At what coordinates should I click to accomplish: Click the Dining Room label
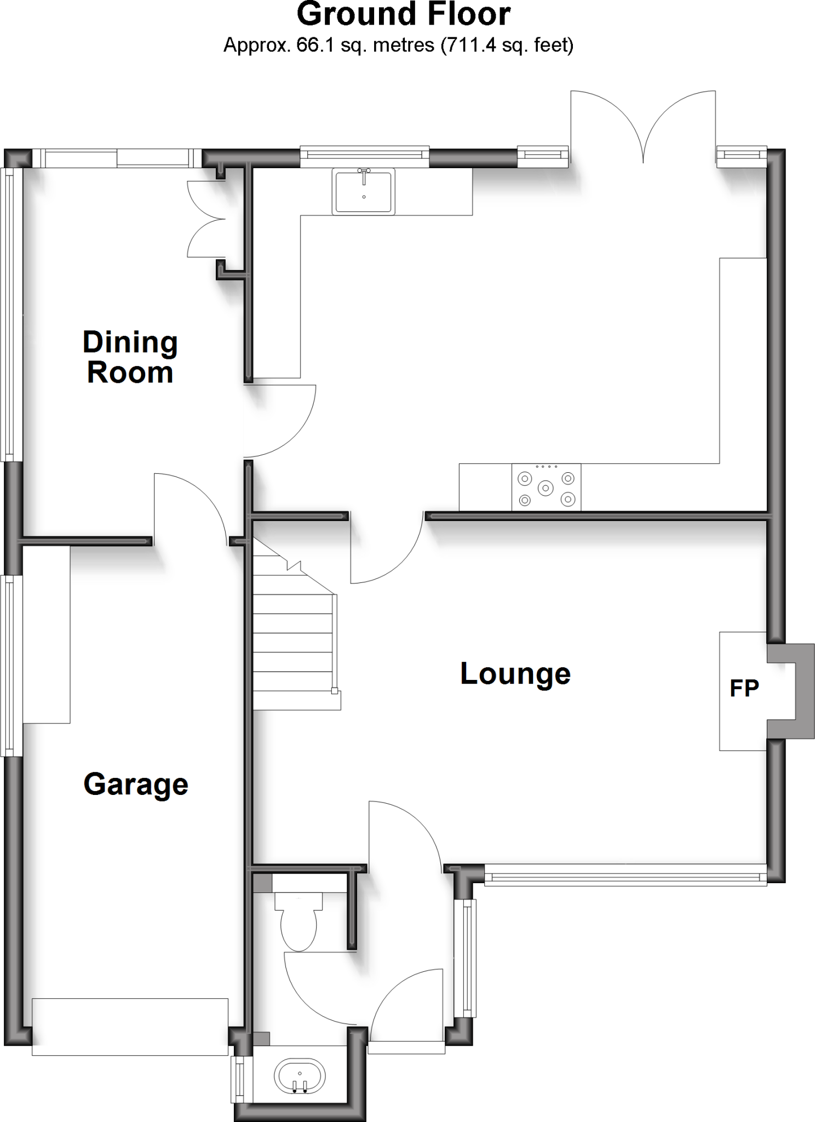[130, 357]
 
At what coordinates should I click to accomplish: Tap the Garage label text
[136, 784]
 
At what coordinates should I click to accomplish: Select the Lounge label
[515, 673]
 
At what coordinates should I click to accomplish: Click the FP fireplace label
[744, 688]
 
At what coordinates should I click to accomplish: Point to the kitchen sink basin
[364, 192]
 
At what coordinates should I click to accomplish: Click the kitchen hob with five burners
[546, 487]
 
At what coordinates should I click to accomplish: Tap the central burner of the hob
[546, 488]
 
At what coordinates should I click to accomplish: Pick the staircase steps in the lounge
[293, 641]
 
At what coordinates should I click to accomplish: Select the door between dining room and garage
[189, 507]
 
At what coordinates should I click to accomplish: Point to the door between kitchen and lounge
[386, 548]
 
